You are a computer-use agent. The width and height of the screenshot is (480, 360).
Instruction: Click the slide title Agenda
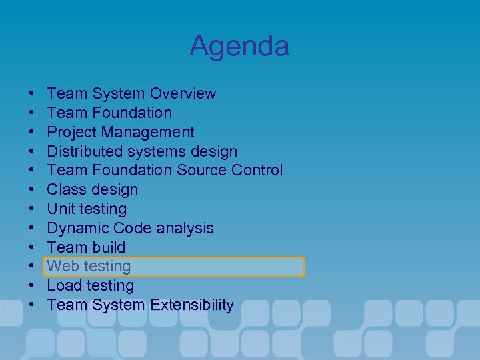(239, 46)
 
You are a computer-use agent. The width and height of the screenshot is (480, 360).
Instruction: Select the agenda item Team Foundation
(109, 113)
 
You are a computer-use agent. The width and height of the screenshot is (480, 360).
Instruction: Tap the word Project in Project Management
(73, 132)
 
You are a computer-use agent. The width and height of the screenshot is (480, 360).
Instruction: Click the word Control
(257, 170)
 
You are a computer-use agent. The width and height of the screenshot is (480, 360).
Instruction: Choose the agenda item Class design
(93, 189)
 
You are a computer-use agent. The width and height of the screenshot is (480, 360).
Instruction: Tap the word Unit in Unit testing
(61, 209)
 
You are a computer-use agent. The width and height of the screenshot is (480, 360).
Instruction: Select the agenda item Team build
(86, 247)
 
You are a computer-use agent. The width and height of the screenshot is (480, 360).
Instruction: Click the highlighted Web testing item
(89, 267)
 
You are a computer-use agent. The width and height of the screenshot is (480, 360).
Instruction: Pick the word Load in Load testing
(63, 286)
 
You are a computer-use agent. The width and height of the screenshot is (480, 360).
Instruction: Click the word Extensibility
(191, 305)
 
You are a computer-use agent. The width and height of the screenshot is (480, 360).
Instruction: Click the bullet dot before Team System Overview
(32, 94)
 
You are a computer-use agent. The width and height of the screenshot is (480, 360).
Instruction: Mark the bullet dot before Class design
(32, 190)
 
